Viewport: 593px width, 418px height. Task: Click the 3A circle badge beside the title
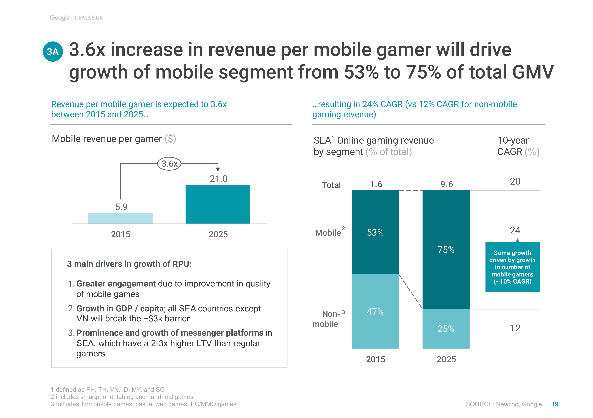point(53,52)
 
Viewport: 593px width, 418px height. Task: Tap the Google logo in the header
point(60,18)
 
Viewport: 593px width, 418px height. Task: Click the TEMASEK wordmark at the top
point(89,18)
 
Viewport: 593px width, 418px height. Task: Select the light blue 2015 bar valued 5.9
point(120,218)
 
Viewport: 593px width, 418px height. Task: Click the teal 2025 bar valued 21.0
point(218,205)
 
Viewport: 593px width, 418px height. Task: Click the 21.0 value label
point(219,179)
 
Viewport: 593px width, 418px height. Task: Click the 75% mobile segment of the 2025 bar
point(446,249)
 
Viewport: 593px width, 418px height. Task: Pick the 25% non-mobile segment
point(446,329)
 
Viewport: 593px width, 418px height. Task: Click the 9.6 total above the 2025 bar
point(447,184)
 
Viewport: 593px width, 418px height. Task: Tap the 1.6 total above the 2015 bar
point(376,184)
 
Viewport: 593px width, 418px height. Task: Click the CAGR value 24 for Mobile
point(515,230)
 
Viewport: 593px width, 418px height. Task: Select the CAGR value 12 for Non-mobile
point(515,328)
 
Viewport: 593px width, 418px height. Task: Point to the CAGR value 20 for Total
point(515,181)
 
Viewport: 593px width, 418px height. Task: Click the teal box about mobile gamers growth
point(512,267)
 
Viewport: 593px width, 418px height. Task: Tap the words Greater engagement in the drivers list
point(116,284)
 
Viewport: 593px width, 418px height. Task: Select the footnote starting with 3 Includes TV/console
point(143,404)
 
